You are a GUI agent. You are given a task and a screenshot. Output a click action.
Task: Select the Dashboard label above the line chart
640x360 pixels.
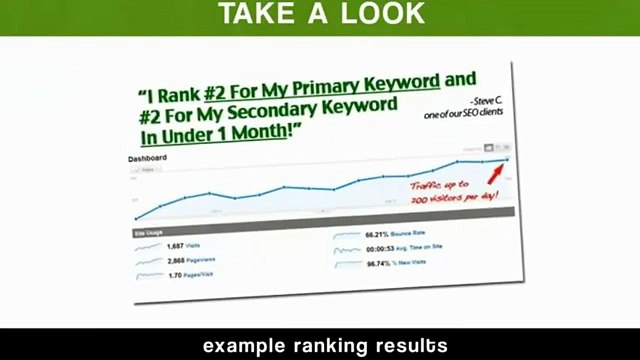(147, 159)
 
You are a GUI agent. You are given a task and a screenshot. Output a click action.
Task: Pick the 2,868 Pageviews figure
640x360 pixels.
(184, 259)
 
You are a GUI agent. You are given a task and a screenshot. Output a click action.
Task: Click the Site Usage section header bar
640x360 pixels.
(320, 223)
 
